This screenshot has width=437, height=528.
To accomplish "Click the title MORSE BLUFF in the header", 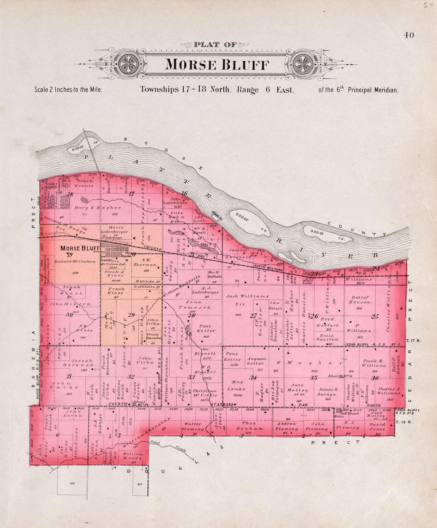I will tap(217, 64).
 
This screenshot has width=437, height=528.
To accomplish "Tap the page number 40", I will tap(409, 35).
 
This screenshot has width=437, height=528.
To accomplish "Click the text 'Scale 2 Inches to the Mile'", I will tap(68, 90).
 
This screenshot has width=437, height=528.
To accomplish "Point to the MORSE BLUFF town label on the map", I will tap(80, 248).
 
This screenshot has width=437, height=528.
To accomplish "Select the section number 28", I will tap(191, 315).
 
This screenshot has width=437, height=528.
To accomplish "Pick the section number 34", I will tap(253, 377).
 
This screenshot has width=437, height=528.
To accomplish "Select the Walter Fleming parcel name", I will tap(193, 426).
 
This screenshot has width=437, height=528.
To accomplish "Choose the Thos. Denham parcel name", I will tap(247, 426).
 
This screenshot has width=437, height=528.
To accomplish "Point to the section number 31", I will tap(69, 376).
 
